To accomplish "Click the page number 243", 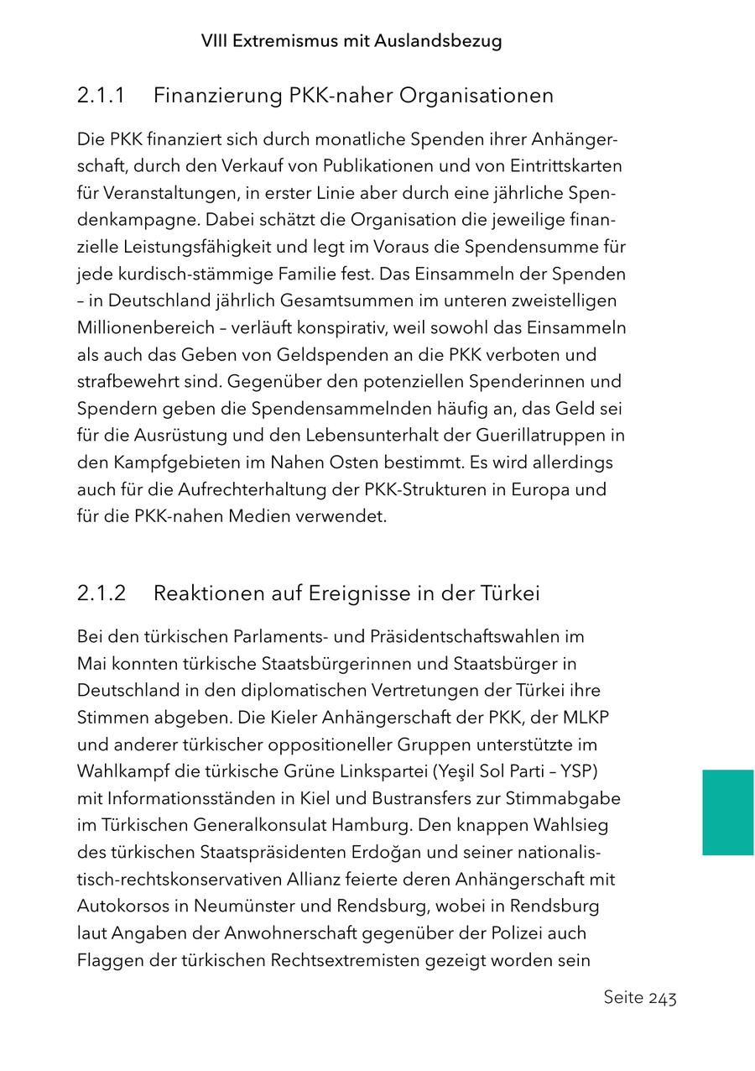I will (x=663, y=998).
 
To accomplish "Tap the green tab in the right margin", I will (x=728, y=812).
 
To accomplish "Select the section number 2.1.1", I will (x=101, y=96).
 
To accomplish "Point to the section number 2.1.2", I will (x=102, y=593).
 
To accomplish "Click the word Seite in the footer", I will (x=623, y=998).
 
